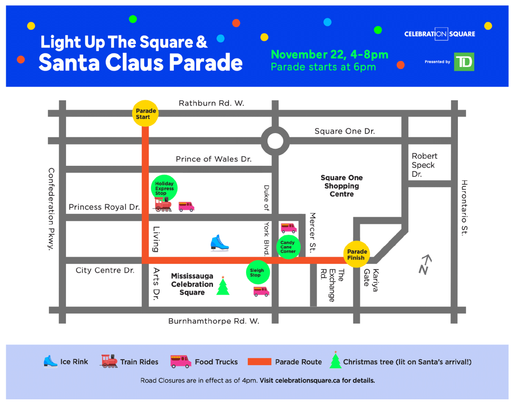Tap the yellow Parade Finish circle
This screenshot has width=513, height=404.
click(x=357, y=254)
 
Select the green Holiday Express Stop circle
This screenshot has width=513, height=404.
click(x=164, y=188)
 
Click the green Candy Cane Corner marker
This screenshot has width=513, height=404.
click(x=288, y=247)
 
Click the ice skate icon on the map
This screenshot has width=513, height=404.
click(x=219, y=243)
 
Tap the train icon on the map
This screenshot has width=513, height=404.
click(x=163, y=204)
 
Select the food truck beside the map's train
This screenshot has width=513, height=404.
click(x=186, y=206)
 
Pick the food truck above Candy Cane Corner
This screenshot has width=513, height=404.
click(x=288, y=228)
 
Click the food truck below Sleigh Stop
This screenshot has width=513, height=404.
click(x=261, y=291)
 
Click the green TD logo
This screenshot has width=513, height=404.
click(x=464, y=62)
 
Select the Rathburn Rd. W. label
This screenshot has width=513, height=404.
click(x=211, y=103)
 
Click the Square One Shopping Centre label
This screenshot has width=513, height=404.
click(x=342, y=186)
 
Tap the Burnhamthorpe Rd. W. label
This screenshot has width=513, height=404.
click(x=214, y=321)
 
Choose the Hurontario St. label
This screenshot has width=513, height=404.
click(x=464, y=207)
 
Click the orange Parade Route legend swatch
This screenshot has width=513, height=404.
click(x=259, y=362)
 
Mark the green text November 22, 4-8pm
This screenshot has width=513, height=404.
click(x=329, y=55)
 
